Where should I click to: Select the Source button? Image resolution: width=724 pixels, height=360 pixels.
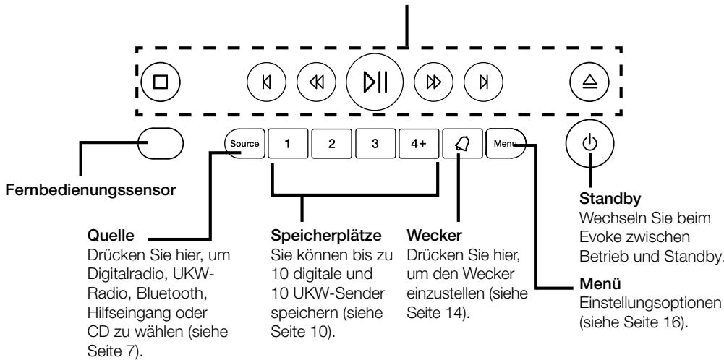[244, 143]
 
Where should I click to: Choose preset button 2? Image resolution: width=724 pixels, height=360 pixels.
[331, 143]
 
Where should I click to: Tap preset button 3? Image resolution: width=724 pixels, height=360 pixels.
[375, 143]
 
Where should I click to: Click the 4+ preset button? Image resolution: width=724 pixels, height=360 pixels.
[418, 143]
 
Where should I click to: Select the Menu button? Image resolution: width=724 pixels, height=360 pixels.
[506, 143]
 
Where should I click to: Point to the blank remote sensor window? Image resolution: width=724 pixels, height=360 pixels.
[159, 142]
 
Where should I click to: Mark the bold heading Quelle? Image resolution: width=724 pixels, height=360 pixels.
[107, 236]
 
